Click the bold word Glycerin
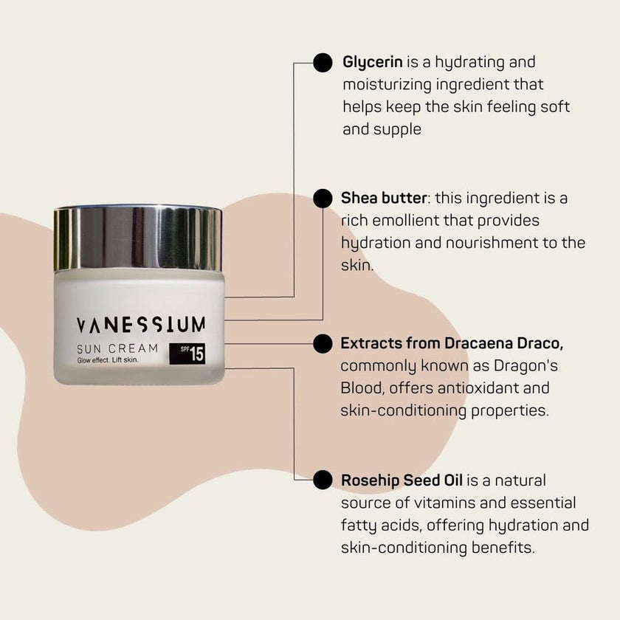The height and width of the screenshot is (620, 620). click(370, 62)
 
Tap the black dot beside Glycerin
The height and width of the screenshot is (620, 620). click(323, 63)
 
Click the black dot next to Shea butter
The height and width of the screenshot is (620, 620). click(323, 199)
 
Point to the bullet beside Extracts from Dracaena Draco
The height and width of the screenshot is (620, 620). click(323, 343)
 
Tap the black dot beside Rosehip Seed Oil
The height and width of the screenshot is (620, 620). click(323, 480)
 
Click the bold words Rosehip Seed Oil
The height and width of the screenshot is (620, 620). click(402, 480)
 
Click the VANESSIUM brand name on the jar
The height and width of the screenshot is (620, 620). click(141, 324)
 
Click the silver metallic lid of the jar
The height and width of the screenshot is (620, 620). click(138, 238)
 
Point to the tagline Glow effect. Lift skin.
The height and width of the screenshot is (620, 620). click(108, 361)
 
